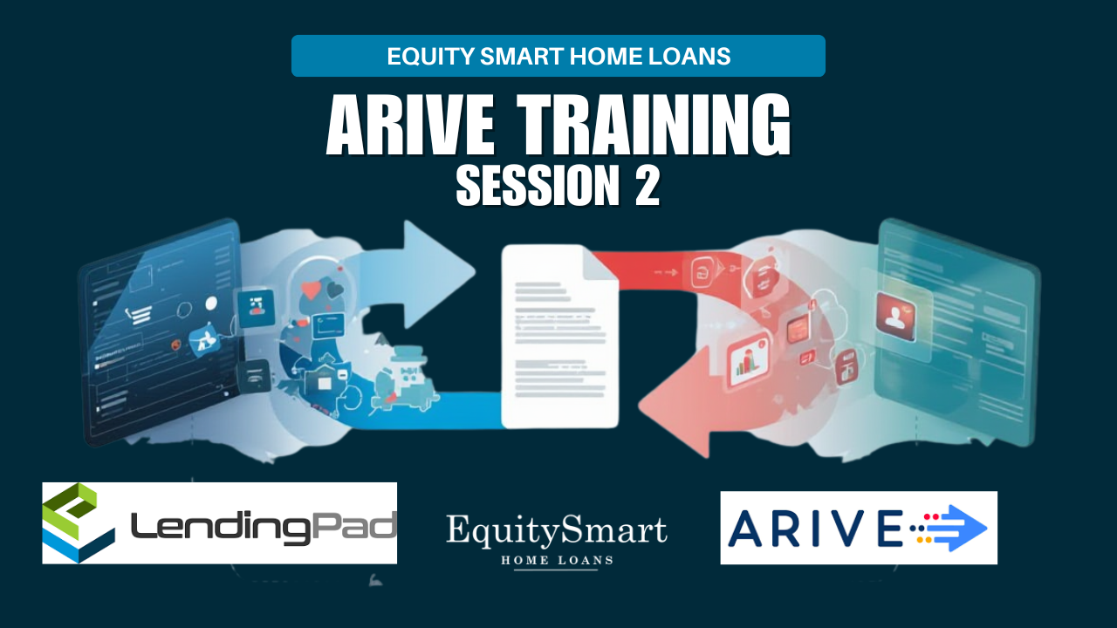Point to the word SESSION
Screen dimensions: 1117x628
538,186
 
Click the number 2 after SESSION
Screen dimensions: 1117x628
648,186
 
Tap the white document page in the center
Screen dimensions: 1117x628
559,337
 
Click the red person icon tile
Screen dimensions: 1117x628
895,317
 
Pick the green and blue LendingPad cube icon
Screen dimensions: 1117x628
79,522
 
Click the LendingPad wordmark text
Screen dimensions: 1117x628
264,528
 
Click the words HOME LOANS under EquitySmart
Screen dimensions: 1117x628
557,561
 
